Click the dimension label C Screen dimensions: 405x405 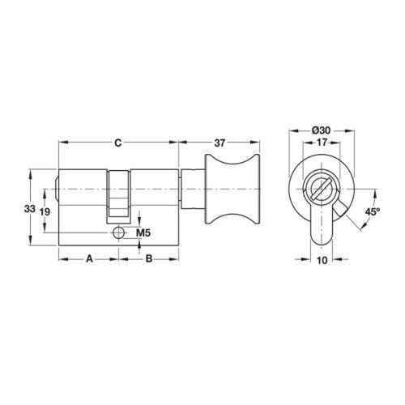coord(118,143)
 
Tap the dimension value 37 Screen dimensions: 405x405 coord(220,143)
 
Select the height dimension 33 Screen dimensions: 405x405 coord(30,208)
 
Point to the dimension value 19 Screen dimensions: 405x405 coord(45,211)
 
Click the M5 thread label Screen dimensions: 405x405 coord(143,232)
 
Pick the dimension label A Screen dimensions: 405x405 coord(89,259)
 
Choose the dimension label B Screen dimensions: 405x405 coord(149,259)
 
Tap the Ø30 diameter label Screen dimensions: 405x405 coord(321,130)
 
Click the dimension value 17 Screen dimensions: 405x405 coord(322,142)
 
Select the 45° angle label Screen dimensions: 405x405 coord(373,211)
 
